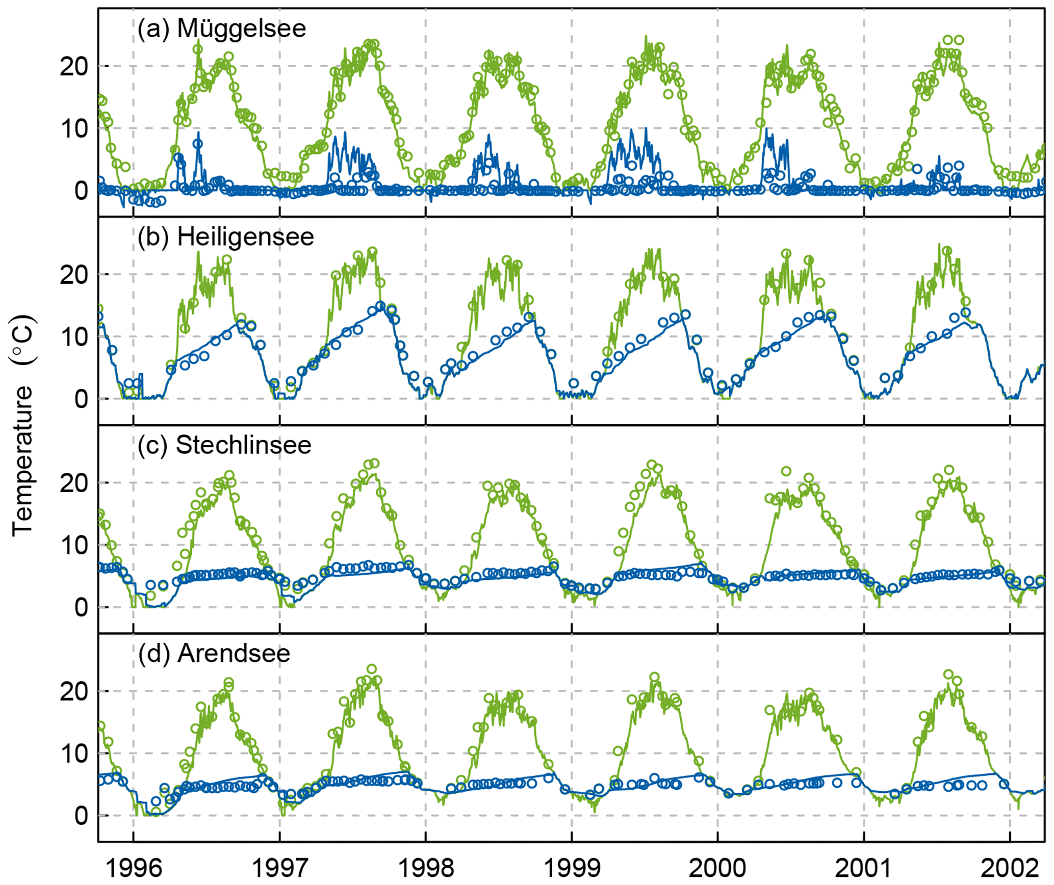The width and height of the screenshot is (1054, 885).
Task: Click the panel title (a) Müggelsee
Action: [x=221, y=29]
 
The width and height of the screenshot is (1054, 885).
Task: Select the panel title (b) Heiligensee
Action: [x=225, y=237]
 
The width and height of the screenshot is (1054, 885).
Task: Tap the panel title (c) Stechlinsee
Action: [x=224, y=446]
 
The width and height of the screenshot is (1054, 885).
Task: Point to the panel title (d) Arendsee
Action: [x=214, y=654]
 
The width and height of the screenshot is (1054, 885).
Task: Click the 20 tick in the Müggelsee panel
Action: [x=74, y=67]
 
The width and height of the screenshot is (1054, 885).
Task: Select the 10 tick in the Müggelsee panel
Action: [x=74, y=129]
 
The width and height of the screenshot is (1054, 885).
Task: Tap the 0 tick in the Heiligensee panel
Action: [x=82, y=399]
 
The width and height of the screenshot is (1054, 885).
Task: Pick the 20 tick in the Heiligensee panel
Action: [x=74, y=275]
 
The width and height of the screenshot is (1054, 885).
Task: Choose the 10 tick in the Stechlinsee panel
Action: [x=74, y=546]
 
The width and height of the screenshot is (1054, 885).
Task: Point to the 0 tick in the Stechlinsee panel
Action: [x=82, y=608]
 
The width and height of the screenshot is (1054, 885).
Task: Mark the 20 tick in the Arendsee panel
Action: [x=74, y=692]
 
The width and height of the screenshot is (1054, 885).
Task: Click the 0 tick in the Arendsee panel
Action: [x=82, y=816]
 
